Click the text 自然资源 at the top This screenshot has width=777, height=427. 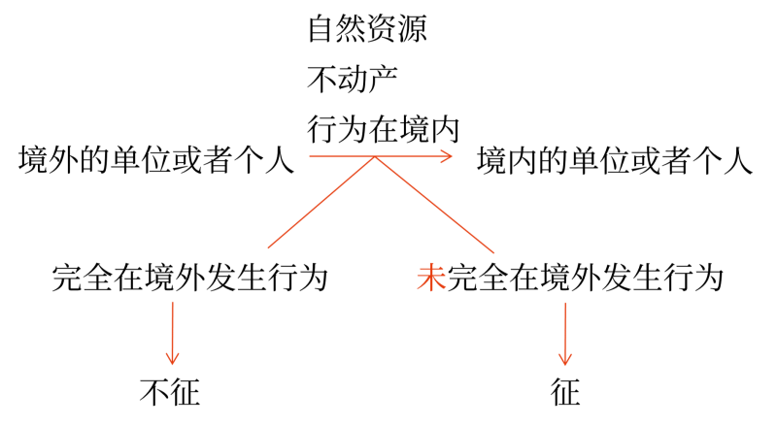click(x=367, y=29)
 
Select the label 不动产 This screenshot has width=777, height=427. click(x=353, y=79)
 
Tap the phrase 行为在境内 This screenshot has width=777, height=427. click(x=383, y=129)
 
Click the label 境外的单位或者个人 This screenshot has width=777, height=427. click(x=156, y=160)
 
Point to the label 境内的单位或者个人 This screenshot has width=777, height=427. click(x=615, y=160)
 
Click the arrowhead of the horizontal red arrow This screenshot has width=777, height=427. click(x=448, y=156)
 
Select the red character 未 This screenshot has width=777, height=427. click(x=431, y=278)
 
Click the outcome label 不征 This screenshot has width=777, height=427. click(x=170, y=392)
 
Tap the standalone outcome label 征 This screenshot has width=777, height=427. click(x=565, y=392)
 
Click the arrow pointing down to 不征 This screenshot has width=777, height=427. click(x=173, y=334)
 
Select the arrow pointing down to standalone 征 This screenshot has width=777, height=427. click(x=565, y=335)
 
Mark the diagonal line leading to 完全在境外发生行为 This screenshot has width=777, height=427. click(x=321, y=202)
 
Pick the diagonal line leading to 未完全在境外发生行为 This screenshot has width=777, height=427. click(x=434, y=205)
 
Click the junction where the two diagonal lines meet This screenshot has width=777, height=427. click(x=375, y=157)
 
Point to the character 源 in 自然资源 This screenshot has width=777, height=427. click(x=412, y=29)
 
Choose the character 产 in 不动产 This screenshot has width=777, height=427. click(x=383, y=79)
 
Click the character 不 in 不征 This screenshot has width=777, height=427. click(x=154, y=392)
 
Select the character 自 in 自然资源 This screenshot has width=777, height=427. click(x=322, y=29)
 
